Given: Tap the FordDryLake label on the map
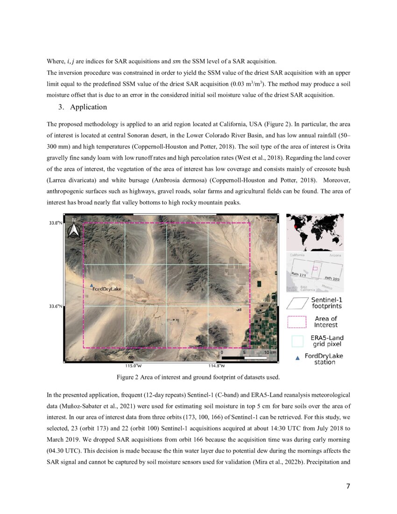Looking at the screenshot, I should pyautogui.click(x=106, y=289).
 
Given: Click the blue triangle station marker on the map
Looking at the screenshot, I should pyautogui.click(x=92, y=285).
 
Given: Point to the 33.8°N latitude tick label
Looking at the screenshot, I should pyautogui.click(x=56, y=223).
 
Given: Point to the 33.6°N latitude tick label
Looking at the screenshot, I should pyautogui.click(x=56, y=307).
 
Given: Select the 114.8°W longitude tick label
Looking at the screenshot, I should pyautogui.click(x=216, y=366).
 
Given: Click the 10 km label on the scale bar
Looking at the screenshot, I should pyautogui.click(x=270, y=352).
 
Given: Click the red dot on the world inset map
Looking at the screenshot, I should pyautogui.click(x=295, y=227).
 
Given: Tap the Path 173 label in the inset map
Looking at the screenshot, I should pyautogui.click(x=298, y=274).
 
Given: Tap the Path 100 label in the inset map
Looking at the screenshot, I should pyautogui.click(x=332, y=278).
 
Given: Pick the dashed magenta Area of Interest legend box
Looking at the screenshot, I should pyautogui.click(x=296, y=322).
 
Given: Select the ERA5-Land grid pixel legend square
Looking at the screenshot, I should pyautogui.click(x=296, y=341).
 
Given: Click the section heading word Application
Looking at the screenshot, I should pyautogui.click(x=88, y=107).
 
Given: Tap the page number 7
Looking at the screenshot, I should pyautogui.click(x=347, y=486).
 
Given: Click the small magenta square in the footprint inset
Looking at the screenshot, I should pyautogui.click(x=315, y=268).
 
